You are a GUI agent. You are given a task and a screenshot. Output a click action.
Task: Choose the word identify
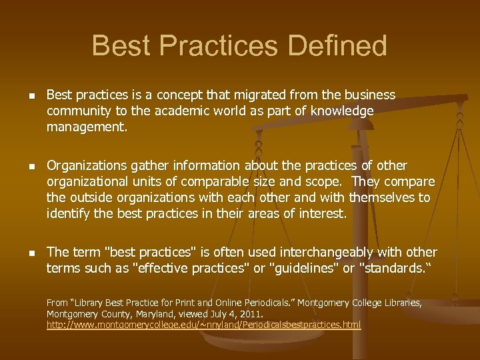coord(69,214)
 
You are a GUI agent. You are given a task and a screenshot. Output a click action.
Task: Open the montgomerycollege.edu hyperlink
coord(203,325)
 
